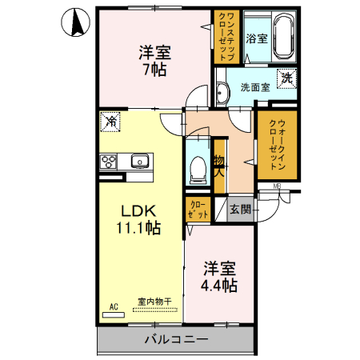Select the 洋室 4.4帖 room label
coord(218,275)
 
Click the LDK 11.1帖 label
coord(141,218)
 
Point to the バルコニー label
coord(176,339)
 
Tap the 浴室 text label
coord(255,38)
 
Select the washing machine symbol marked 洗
coord(286,78)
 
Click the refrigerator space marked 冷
coord(111,122)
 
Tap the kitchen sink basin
coord(141,161)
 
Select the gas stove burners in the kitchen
coord(109,161)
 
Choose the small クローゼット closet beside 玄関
coord(198,210)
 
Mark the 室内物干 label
coord(153,302)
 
